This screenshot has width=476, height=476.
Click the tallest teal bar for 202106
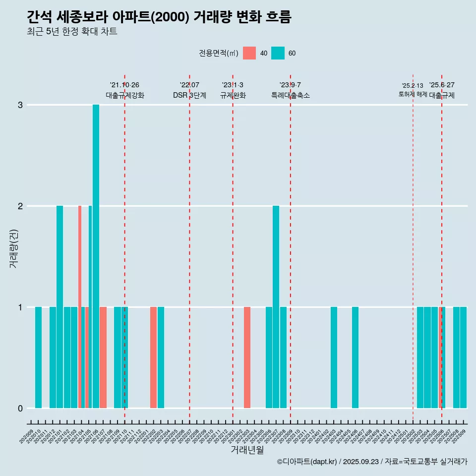[96, 256]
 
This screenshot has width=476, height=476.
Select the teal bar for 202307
[276, 307]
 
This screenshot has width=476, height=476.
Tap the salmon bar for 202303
[247, 357]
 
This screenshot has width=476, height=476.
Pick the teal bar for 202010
[38, 357]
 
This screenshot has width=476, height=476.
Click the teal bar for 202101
[59, 307]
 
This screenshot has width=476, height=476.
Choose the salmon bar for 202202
[153, 357]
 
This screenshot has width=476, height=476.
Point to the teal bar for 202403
[334, 357]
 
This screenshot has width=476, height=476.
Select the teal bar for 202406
[355, 357]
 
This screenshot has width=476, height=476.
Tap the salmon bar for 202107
[103, 357]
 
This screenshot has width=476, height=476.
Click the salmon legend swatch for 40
[249, 53]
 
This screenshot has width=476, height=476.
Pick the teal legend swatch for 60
[278, 53]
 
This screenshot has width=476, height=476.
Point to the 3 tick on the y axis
[20, 105]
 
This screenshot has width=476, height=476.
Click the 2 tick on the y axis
[20, 206]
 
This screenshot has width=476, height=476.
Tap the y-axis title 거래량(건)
[14, 248]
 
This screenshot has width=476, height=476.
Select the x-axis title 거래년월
[247, 450]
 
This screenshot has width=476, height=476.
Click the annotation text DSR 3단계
[189, 95]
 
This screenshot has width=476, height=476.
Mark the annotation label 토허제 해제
[413, 94]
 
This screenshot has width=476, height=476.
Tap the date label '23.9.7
[290, 85]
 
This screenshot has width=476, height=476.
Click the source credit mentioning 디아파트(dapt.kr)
[372, 462]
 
